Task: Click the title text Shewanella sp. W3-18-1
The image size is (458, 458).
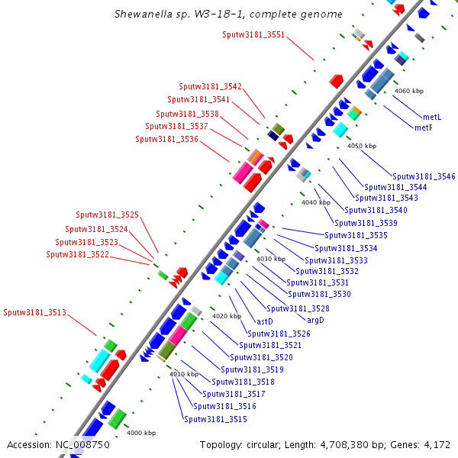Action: (x=184, y=15)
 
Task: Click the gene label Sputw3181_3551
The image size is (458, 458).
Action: (x=253, y=34)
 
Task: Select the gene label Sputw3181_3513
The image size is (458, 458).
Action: (x=34, y=312)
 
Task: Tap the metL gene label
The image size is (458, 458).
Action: (x=431, y=117)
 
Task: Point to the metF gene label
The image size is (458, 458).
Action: (x=424, y=127)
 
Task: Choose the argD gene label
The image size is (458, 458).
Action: (x=315, y=319)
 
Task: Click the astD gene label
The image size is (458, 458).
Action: (x=265, y=321)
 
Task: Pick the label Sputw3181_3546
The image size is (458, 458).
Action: (x=424, y=176)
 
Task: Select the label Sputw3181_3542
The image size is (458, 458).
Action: (x=210, y=87)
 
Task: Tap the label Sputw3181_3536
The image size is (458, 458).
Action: (x=166, y=139)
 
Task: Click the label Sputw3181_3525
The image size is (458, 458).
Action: (x=107, y=215)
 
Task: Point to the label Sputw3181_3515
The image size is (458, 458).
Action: (x=215, y=418)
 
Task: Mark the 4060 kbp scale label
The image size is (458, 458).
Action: (x=408, y=91)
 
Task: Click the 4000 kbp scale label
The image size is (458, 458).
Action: (x=141, y=433)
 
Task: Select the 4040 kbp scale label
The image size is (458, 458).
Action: (x=316, y=202)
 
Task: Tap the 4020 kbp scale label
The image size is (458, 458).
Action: (x=226, y=315)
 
